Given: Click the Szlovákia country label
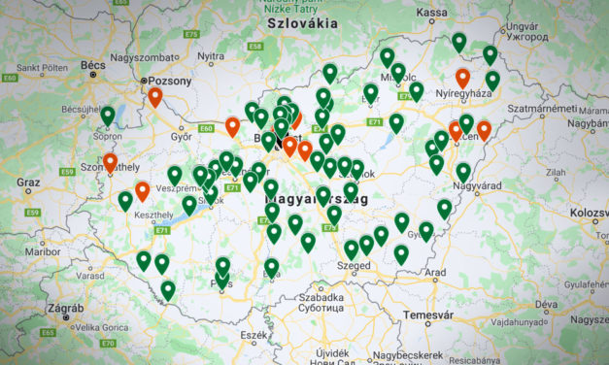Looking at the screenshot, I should (303, 22).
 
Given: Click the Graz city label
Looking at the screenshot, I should (28, 182).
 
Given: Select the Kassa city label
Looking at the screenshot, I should (431, 13).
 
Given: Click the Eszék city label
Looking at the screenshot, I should (254, 335).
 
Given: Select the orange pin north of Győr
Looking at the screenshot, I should (154, 97).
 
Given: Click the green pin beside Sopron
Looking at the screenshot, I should (108, 116).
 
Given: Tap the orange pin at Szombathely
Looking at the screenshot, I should (110, 162).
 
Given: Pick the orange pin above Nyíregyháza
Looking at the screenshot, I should (462, 78).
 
